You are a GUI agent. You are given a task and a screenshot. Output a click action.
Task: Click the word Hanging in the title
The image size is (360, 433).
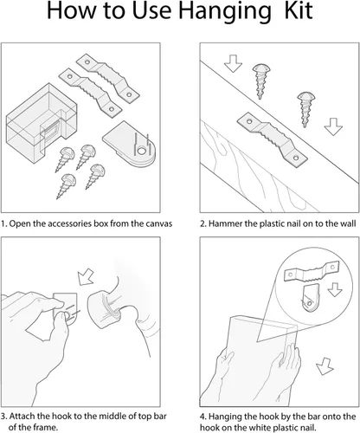[x=226, y=11]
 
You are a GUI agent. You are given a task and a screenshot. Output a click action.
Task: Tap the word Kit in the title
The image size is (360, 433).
[x=299, y=10]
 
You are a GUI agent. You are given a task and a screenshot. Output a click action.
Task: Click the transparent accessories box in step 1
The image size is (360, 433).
[x=42, y=124]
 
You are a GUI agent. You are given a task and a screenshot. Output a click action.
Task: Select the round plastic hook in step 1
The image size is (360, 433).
[x=129, y=144]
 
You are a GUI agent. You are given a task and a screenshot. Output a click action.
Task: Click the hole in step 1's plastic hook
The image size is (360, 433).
[x=141, y=151]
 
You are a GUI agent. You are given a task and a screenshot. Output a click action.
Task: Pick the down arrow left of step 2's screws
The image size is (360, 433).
[x=233, y=63]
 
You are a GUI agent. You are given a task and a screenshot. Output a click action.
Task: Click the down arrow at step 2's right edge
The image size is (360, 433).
[x=333, y=126]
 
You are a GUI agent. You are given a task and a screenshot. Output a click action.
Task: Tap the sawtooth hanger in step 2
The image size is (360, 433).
[x=272, y=138]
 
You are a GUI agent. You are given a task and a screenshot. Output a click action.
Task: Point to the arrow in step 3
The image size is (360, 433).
[x=86, y=277]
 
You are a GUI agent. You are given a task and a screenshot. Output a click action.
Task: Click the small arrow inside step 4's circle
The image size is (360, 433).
[x=335, y=290]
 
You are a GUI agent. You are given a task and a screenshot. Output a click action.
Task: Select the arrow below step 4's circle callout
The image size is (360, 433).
[x=325, y=366]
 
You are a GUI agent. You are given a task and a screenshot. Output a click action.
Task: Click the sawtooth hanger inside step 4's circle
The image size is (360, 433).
[x=312, y=272]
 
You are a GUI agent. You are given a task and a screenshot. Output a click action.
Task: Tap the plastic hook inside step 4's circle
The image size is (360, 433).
[x=311, y=298]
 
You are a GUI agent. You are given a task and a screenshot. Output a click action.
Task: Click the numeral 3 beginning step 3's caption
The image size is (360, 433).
[x=3, y=417]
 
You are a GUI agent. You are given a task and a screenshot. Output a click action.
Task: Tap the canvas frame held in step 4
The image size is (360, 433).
[x=262, y=361]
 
